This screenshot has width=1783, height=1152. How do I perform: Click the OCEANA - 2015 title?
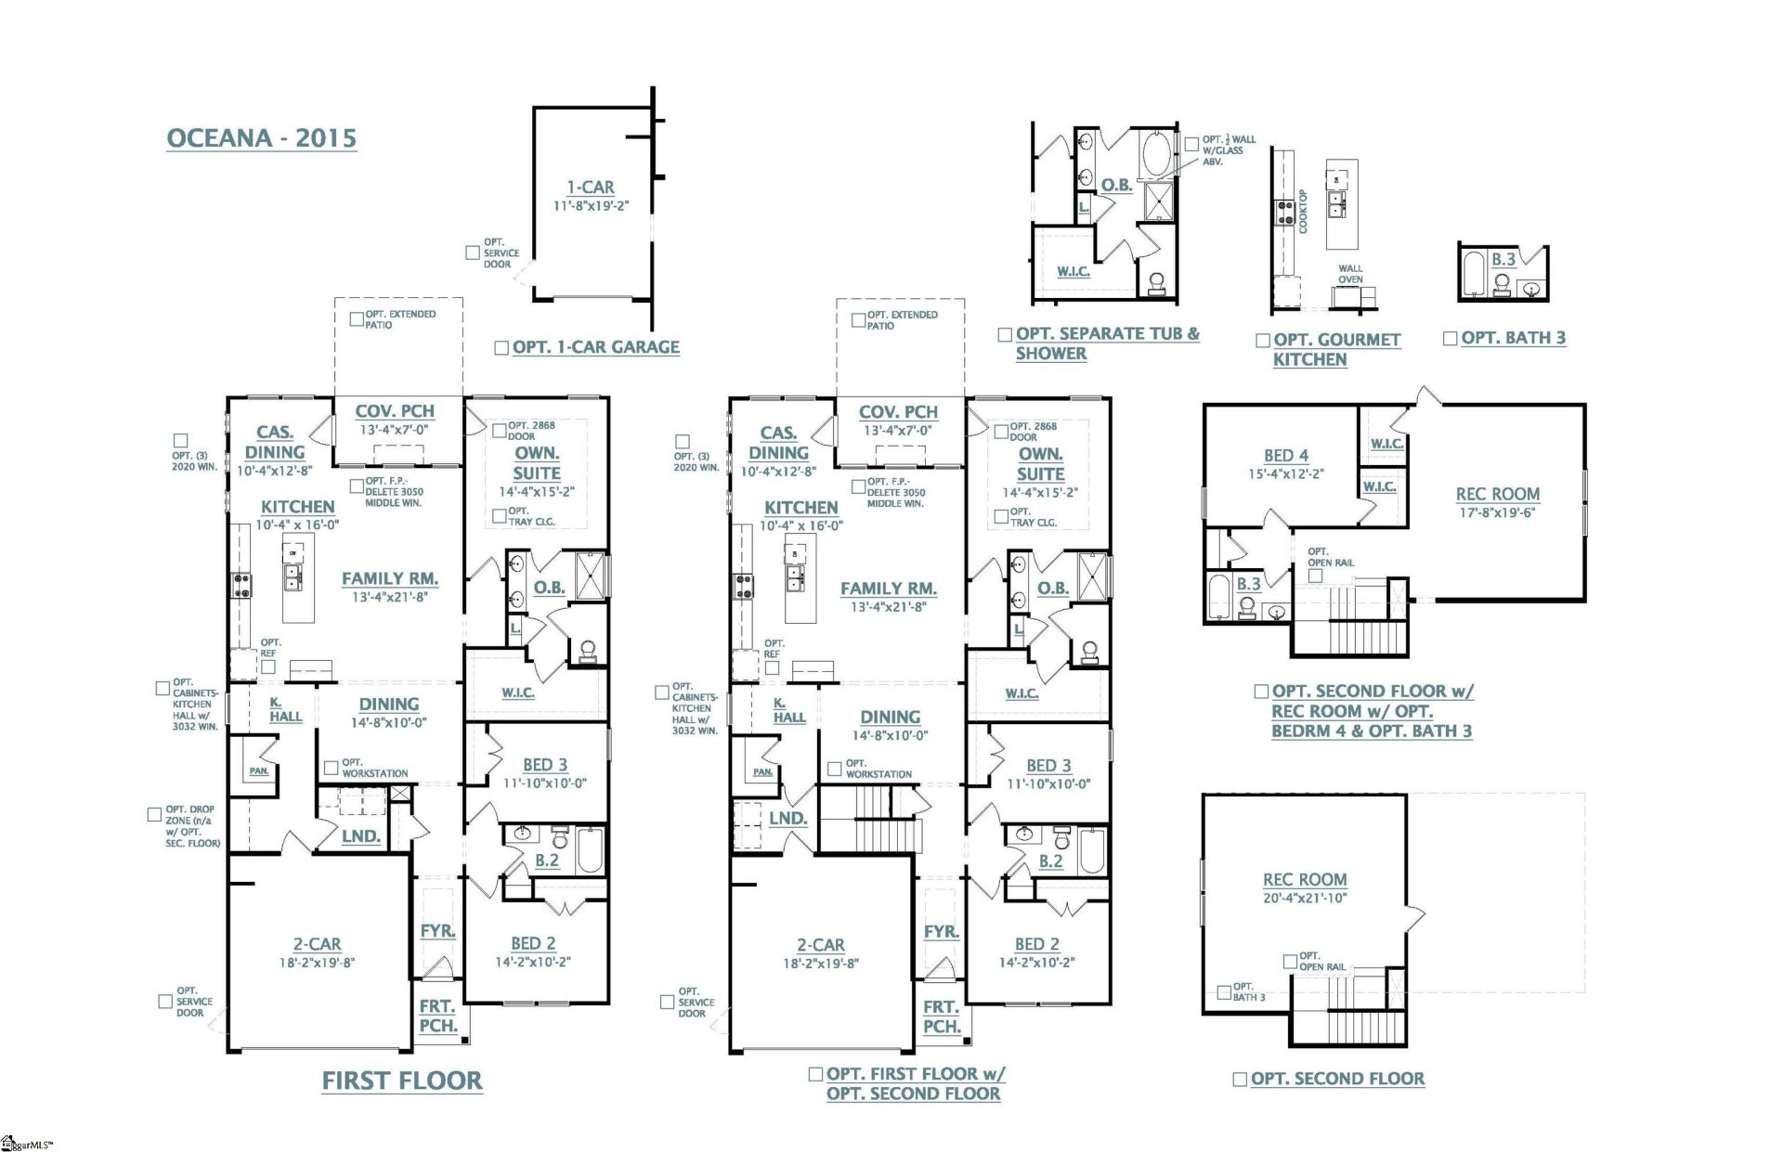261,138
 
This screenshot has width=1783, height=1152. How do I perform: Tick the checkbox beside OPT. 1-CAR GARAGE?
501,348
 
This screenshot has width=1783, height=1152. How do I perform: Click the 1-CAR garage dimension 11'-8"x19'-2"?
591,205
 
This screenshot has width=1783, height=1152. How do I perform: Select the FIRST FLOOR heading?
402,1081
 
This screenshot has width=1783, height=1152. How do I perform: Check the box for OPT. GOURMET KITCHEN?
1263,341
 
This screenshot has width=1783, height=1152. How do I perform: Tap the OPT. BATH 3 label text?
1513,338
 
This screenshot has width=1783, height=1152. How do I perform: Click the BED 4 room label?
1285,456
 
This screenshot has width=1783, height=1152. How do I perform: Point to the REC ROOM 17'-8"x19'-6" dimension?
1497,511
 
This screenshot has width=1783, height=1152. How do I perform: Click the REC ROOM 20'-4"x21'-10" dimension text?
1304,898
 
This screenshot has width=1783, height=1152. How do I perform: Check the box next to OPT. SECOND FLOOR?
1239,1079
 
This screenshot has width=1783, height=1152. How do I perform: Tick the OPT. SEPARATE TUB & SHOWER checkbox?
1005,334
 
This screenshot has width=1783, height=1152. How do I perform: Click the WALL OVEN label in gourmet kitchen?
1350,274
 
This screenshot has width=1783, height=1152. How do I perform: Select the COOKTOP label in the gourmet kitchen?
1303,212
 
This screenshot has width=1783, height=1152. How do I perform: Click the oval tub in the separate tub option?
1157,154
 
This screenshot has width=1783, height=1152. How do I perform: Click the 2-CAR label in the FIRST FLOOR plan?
317,944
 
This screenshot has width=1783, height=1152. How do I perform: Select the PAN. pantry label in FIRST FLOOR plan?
259,771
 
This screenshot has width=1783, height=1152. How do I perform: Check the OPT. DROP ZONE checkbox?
155,815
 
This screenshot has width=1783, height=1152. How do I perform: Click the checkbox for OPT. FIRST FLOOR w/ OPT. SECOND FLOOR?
815,1074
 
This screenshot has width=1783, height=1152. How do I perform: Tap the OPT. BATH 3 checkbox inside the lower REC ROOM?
1225,992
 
